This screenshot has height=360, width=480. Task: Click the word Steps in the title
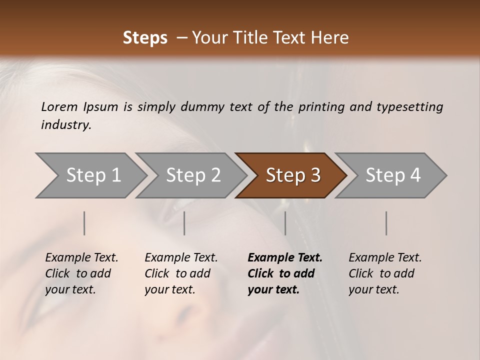145,38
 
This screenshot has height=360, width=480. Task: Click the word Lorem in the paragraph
59,106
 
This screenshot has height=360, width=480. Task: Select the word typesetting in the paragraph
410,106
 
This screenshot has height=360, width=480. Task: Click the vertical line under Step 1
84,223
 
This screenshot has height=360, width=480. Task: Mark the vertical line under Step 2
184,223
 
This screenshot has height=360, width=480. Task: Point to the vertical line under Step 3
285,223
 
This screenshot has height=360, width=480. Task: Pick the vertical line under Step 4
386,223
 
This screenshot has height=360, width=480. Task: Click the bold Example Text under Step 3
285,258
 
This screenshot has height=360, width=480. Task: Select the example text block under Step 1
81,273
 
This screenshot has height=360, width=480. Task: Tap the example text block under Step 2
180,273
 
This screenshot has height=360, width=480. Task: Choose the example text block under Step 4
384,273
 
